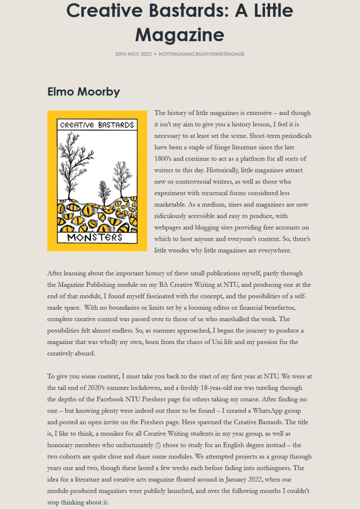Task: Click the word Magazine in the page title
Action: (x=180, y=34)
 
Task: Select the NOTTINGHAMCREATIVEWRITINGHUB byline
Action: (x=201, y=54)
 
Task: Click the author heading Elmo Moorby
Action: (x=83, y=92)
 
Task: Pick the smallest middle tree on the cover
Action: (x=104, y=191)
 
